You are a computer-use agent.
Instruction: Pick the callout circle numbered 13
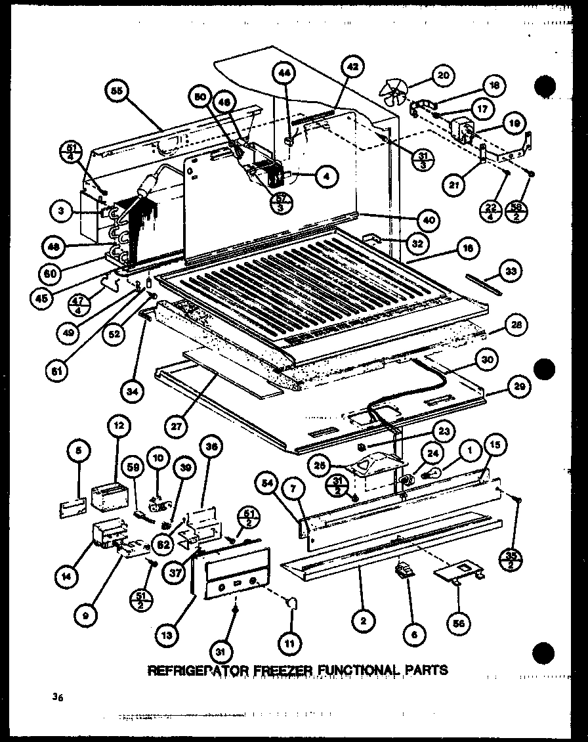tap(167, 634)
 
